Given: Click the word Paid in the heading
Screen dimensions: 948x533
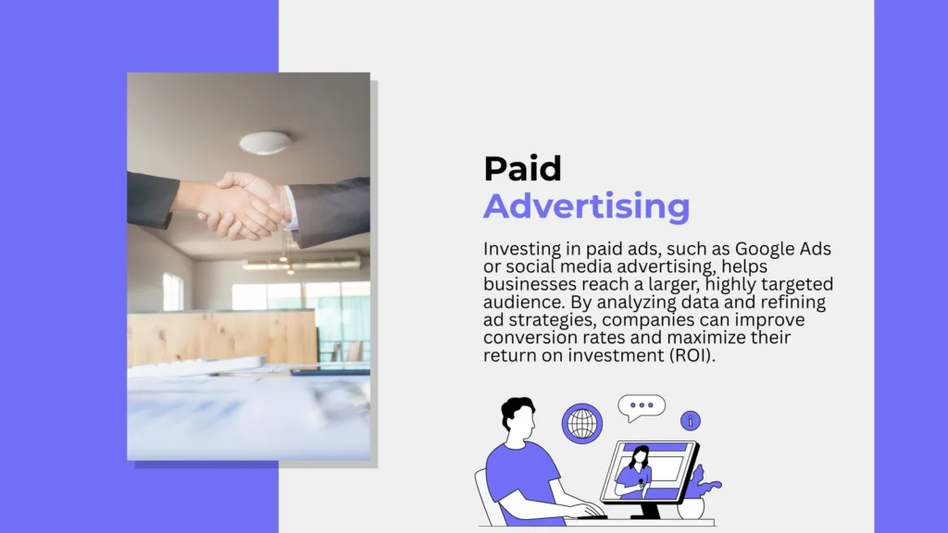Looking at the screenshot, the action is tap(522, 168).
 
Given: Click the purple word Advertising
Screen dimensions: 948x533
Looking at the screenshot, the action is tap(586, 206).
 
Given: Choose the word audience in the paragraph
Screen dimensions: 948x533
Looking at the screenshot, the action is tap(524, 302).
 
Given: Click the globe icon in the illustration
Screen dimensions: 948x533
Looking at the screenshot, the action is tap(582, 424).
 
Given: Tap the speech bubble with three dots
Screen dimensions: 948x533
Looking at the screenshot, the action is tap(641, 407).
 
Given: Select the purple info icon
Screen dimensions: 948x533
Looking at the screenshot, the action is tap(691, 421).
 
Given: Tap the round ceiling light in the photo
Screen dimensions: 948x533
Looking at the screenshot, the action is tap(266, 142).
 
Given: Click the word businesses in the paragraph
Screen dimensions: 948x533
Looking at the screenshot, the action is tap(530, 284).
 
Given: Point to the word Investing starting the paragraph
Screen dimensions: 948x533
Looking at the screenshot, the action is tap(522, 250).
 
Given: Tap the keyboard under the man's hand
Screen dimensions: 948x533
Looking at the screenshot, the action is tap(592, 516).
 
